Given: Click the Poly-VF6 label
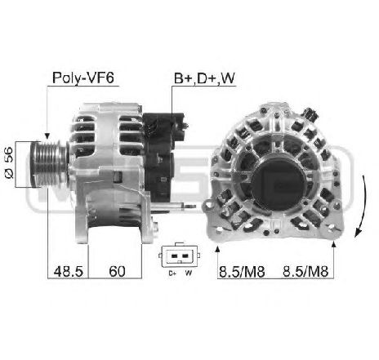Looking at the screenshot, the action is point(83,78).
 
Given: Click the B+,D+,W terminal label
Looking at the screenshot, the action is point(204,78).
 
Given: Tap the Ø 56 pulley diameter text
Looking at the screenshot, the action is point(9,162).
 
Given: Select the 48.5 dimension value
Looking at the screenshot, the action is point(68,271).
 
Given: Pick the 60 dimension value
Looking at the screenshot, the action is point(117,271).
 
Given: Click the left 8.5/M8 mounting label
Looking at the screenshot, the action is point(242,271).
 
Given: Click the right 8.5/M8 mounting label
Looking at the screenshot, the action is point(305,271).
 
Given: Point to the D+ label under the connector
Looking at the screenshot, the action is point(172,273).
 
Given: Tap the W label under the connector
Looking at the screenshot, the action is point(189,273).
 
